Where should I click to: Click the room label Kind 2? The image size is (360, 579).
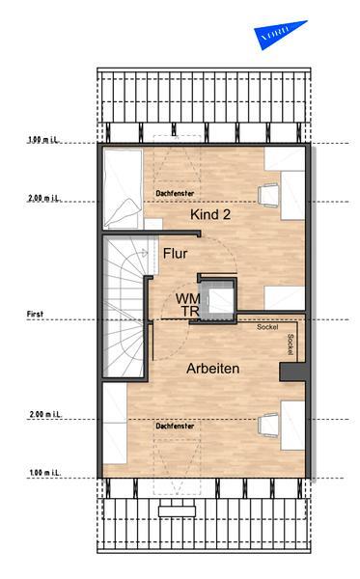[211, 214]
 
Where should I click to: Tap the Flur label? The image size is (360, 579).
[175, 255]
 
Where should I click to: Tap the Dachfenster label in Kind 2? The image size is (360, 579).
[173, 192]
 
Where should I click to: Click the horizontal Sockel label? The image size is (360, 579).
[267, 327]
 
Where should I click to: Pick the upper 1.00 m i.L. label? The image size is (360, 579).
[44, 140]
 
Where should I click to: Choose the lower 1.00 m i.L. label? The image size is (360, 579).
[44, 473]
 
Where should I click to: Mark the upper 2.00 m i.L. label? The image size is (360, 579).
[44, 199]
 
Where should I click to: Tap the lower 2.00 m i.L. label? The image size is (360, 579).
[44, 414]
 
